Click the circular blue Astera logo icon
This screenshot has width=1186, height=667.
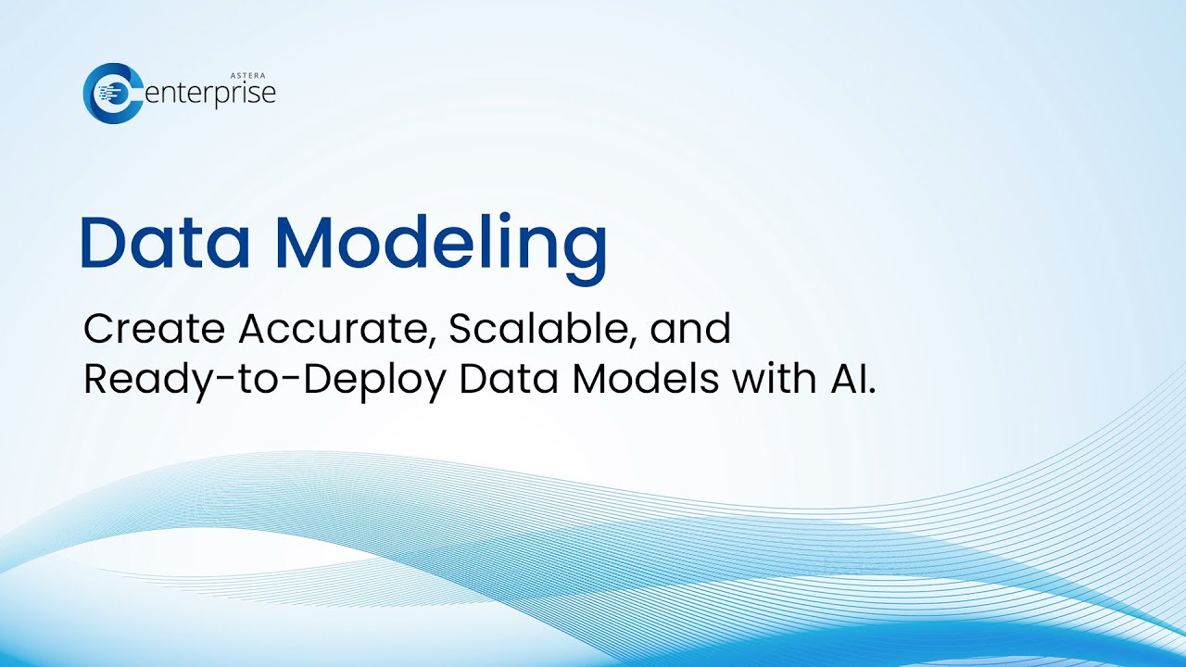pyautogui.click(x=110, y=93)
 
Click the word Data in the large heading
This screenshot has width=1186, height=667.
pyautogui.click(x=166, y=243)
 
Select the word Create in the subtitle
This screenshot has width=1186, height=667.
pyautogui.click(x=154, y=329)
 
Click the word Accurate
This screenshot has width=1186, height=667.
pyautogui.click(x=333, y=329)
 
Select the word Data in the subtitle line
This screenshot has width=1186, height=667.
pyautogui.click(x=506, y=380)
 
